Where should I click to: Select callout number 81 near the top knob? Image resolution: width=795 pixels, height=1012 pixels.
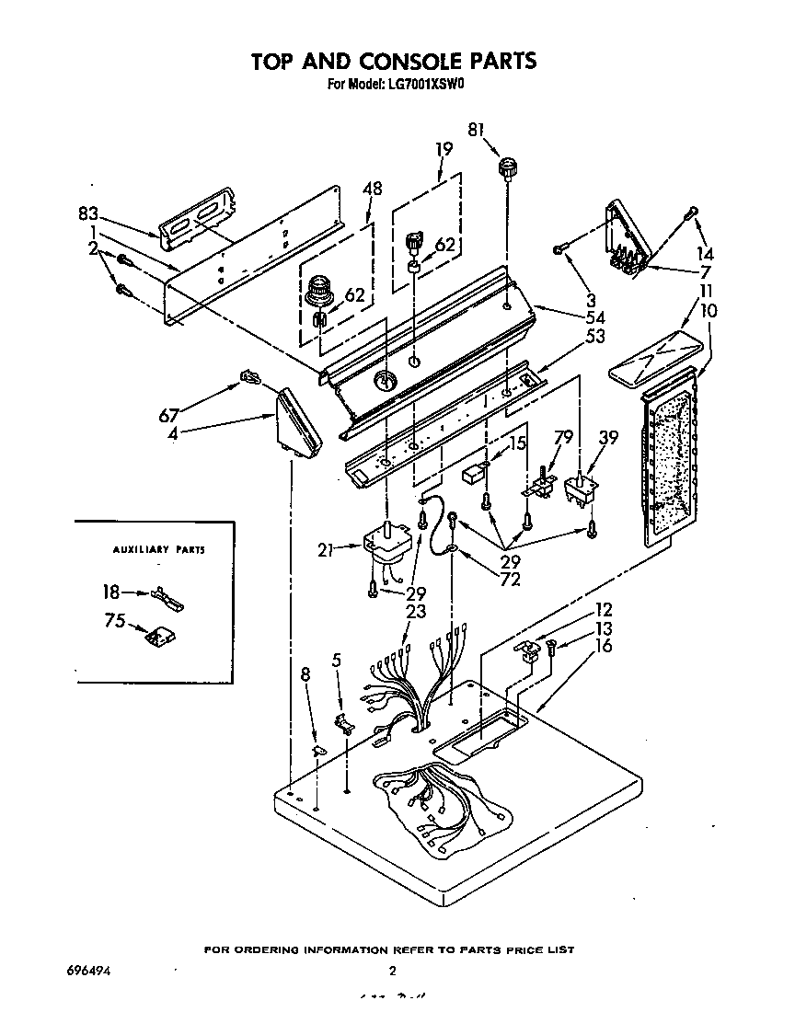point(477,131)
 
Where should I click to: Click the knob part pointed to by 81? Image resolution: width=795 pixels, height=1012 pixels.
point(506,168)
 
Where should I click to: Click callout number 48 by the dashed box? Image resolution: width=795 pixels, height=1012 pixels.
point(372,190)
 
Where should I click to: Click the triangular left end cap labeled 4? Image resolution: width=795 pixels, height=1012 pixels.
point(298,421)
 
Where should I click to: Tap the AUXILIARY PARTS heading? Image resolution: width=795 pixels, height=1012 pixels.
point(158,550)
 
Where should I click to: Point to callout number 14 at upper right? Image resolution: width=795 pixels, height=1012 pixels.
point(705,254)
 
